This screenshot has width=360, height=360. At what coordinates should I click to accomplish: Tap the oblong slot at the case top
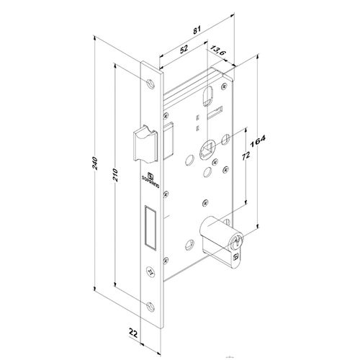point(209,95)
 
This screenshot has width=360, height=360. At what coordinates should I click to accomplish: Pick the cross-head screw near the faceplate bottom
point(149,272)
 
